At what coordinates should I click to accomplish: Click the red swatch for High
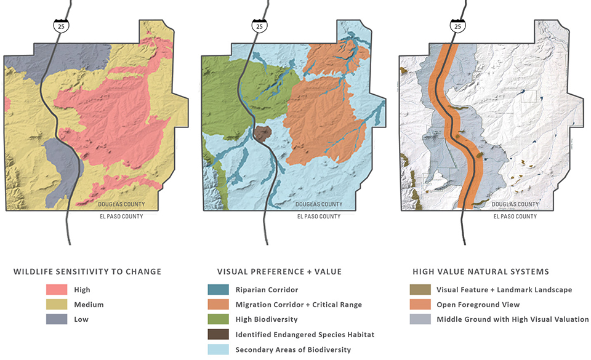57,290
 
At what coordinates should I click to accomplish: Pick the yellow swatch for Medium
57,305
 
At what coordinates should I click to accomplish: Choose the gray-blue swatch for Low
57,319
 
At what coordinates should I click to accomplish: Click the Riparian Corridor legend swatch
219,290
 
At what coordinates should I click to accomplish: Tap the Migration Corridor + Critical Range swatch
219,305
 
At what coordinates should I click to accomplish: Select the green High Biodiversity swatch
219,319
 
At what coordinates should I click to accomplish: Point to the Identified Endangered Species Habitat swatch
219,335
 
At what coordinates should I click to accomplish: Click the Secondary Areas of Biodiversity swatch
219,350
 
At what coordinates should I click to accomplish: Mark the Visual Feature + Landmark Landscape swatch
420,290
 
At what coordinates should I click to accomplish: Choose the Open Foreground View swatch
420,305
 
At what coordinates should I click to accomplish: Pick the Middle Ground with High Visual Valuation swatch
420,319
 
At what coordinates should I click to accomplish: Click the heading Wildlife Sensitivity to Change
87,271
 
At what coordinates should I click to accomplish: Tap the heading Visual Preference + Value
279,271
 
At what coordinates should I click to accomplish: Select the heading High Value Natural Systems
480,271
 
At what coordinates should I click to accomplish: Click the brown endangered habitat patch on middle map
262,134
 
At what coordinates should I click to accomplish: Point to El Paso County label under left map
121,217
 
